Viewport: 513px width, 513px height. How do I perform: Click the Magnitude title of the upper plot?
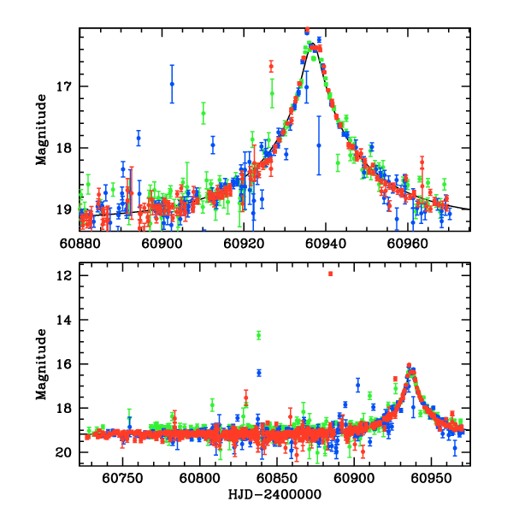click(x=40, y=129)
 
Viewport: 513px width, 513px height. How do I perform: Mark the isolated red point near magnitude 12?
click(x=330, y=274)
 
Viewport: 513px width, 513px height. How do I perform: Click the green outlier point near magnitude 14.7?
click(x=258, y=335)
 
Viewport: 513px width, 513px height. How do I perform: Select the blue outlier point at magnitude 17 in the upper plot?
click(x=172, y=84)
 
